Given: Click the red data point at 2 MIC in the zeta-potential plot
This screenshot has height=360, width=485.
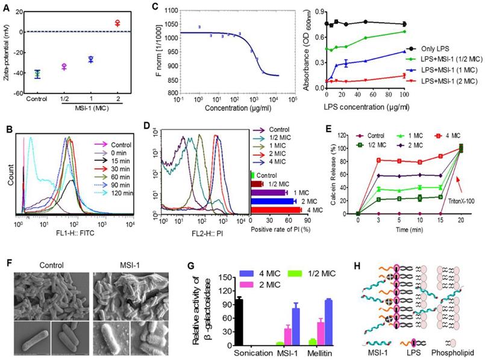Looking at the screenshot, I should point(118,23).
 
